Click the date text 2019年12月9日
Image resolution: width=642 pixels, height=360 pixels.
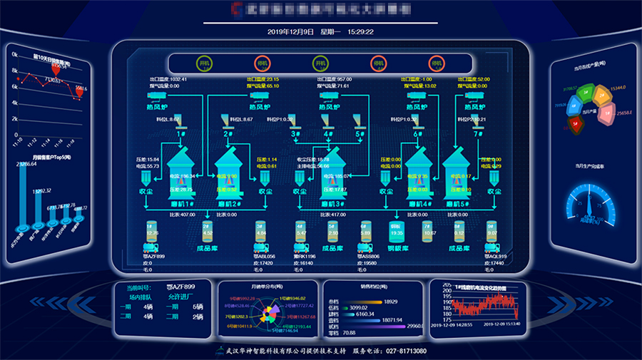(290, 32)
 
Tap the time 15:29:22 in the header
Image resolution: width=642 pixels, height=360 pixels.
(361, 32)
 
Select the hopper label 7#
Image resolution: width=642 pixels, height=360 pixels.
(478, 134)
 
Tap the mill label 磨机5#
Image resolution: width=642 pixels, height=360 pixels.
(456, 204)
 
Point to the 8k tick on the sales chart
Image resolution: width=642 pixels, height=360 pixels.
(14, 72)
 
